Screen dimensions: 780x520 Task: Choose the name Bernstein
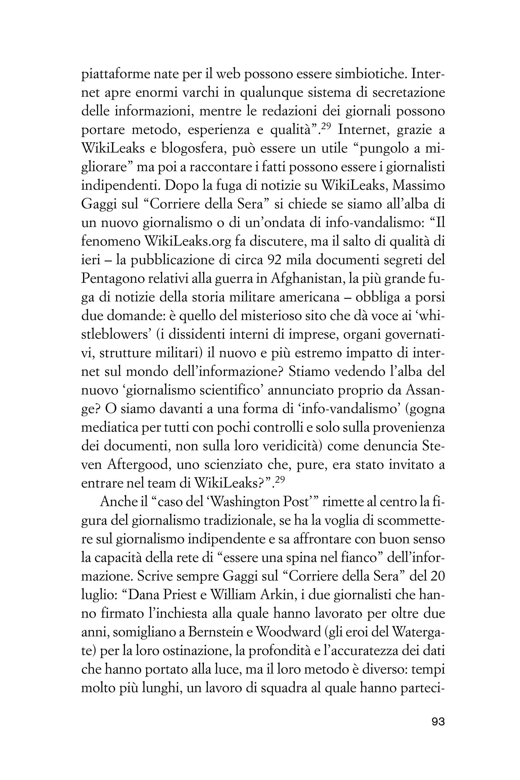click(x=215, y=633)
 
